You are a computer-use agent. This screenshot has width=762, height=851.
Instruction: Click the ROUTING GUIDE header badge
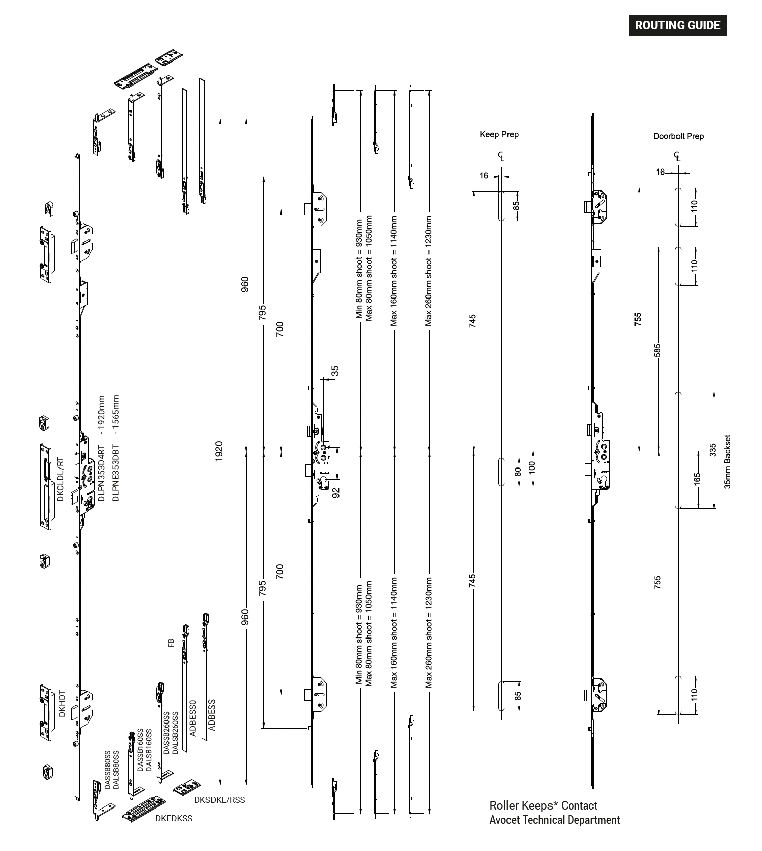(678, 25)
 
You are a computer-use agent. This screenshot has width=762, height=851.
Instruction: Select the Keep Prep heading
(499, 134)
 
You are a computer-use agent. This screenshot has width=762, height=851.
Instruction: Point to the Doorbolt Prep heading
(678, 136)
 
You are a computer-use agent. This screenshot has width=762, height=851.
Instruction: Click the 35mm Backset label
(728, 461)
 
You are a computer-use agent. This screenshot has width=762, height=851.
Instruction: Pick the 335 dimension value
(713, 450)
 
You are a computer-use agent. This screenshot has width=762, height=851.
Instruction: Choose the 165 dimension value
(697, 478)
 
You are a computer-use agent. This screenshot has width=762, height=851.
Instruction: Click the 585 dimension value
(657, 350)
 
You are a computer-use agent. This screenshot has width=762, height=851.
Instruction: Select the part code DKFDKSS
(174, 818)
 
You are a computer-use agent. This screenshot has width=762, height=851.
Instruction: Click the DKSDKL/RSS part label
(220, 800)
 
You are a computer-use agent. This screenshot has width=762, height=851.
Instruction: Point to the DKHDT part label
(62, 703)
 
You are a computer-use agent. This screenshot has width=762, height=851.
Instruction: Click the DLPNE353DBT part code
(116, 448)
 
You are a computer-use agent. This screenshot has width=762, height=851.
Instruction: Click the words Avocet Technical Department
(555, 820)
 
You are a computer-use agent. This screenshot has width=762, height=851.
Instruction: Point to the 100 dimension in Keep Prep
(531, 466)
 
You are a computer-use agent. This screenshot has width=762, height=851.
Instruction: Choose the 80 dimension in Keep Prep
(517, 472)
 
